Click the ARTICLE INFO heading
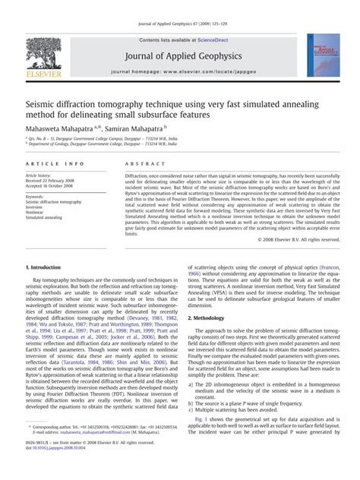(x=55, y=163)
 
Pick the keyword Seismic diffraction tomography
(x=59, y=202)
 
